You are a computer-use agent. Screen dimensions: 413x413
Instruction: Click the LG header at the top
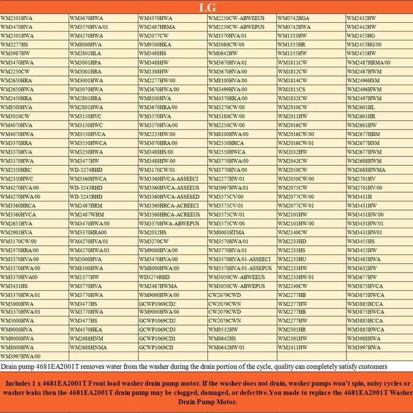(x=206, y=8)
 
